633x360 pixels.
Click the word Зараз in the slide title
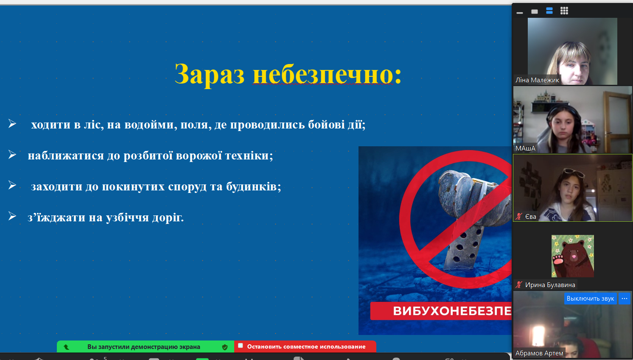[x=210, y=74]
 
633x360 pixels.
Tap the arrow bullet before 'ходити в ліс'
[x=12, y=123]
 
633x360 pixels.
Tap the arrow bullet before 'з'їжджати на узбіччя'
[x=12, y=216]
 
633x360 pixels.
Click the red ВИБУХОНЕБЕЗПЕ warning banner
[x=441, y=311]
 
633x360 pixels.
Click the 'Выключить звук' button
[x=590, y=299]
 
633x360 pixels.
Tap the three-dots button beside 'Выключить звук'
[x=624, y=299]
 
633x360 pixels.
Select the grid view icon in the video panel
[x=564, y=11]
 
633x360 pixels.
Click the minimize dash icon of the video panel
[x=519, y=12]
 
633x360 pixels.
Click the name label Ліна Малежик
[x=537, y=80]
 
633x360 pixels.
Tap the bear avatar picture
[x=572, y=256]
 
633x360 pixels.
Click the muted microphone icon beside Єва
[x=519, y=217]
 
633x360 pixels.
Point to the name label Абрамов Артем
[x=539, y=353]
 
